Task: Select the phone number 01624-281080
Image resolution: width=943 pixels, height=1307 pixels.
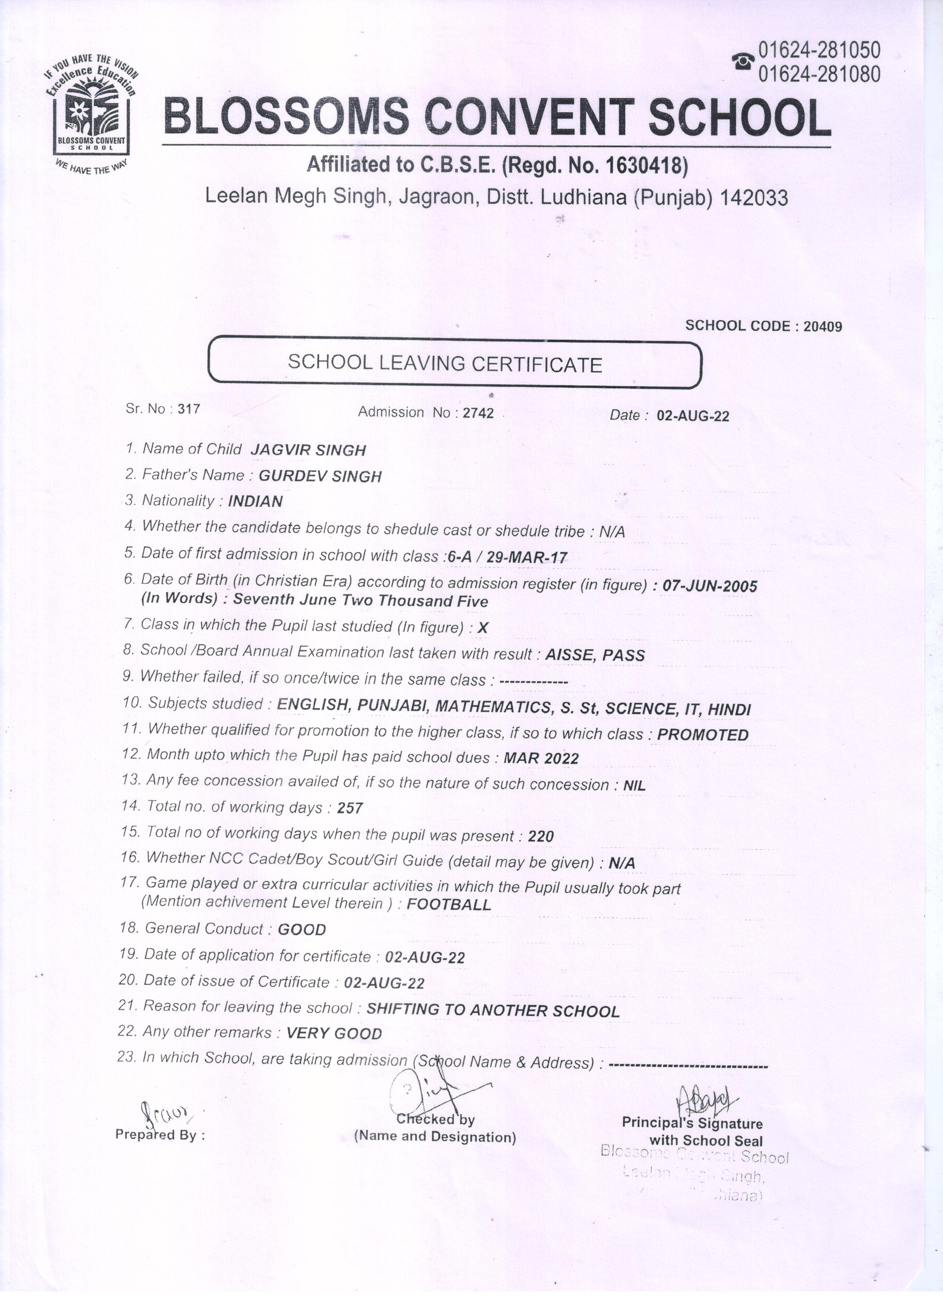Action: coord(819,74)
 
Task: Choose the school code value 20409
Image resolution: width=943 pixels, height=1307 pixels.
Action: coord(823,327)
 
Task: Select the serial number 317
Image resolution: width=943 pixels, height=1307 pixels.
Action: coord(189,410)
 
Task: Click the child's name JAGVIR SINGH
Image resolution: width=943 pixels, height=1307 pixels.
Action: coord(308,450)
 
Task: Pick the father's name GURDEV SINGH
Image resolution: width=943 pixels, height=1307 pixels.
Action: coord(320,476)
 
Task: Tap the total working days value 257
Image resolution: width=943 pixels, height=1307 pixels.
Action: coord(350,808)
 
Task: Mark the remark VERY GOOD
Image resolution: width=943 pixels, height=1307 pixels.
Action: coord(334,1033)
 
